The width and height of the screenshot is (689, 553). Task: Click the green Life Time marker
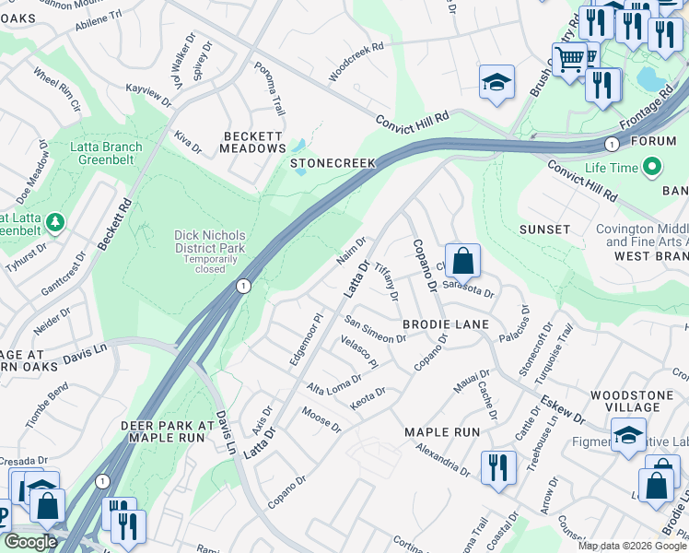pyautogui.click(x=653, y=168)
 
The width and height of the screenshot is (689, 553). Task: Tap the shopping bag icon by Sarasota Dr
pyautogui.click(x=463, y=261)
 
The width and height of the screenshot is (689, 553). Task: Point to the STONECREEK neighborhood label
pyautogui.click(x=333, y=163)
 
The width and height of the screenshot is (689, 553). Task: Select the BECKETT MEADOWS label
pyautogui.click(x=255, y=142)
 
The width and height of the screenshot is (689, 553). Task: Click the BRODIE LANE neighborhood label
pyautogui.click(x=446, y=325)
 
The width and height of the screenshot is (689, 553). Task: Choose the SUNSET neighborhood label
pyautogui.click(x=544, y=229)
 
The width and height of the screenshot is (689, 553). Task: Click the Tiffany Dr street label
pyautogui.click(x=386, y=280)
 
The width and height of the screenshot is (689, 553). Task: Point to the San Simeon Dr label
pyautogui.click(x=375, y=330)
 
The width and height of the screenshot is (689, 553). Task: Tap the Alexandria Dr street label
pyautogui.click(x=442, y=458)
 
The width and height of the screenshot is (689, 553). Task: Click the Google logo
pyautogui.click(x=30, y=542)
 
